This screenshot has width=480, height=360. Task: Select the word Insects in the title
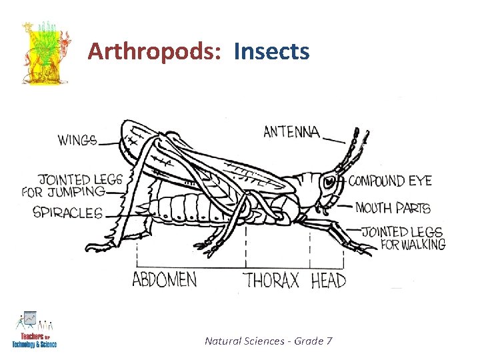coord(271,51)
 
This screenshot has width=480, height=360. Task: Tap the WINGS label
coord(77,141)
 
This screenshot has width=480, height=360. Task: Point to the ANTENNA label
coord(291,131)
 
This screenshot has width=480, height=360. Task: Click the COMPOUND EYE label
coord(390,181)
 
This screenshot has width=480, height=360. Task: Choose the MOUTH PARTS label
coord(393,208)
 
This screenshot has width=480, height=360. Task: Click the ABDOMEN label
coord(164,279)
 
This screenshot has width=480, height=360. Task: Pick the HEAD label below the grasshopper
coord(329,280)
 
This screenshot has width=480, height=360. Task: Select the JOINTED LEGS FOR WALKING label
coord(403,238)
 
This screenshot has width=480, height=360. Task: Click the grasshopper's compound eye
coord(329,180)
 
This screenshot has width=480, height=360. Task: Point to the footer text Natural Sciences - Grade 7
coord(269,341)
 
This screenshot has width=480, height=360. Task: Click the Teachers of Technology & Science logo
coord(34,331)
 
